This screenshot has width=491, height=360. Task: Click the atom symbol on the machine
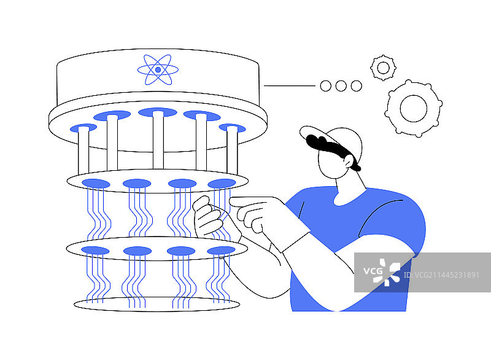click(x=158, y=69)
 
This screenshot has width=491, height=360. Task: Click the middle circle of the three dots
click(x=341, y=86)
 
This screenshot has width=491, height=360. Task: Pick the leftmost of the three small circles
click(x=326, y=86)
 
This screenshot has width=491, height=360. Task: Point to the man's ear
click(x=349, y=161)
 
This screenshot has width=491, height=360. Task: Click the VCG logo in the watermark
click(x=382, y=272)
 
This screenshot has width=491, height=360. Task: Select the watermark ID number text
click(x=441, y=275)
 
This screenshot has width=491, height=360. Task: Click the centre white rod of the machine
click(x=158, y=140)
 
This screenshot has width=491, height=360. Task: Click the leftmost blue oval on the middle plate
click(x=96, y=184)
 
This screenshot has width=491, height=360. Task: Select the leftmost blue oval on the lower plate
click(x=95, y=251)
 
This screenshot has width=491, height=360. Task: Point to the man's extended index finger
click(x=250, y=201)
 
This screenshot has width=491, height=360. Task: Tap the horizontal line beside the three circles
click(x=290, y=85)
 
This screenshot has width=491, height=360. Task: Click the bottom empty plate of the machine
click(x=157, y=304)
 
